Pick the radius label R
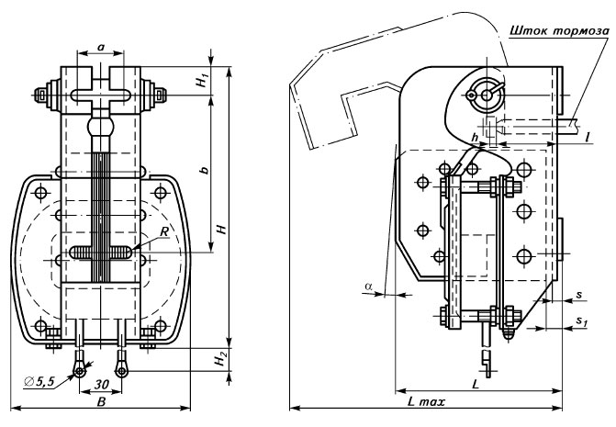(x=162, y=233)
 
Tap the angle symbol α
(x=368, y=287)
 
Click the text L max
(x=422, y=404)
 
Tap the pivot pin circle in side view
(x=482, y=91)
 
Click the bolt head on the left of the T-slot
(x=43, y=96)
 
